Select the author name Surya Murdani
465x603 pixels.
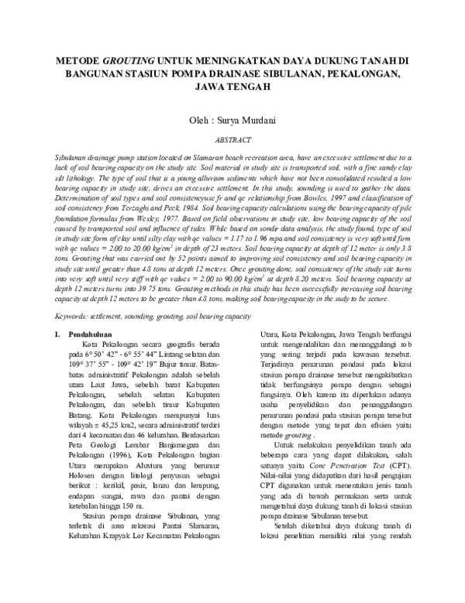pos(250,122)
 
